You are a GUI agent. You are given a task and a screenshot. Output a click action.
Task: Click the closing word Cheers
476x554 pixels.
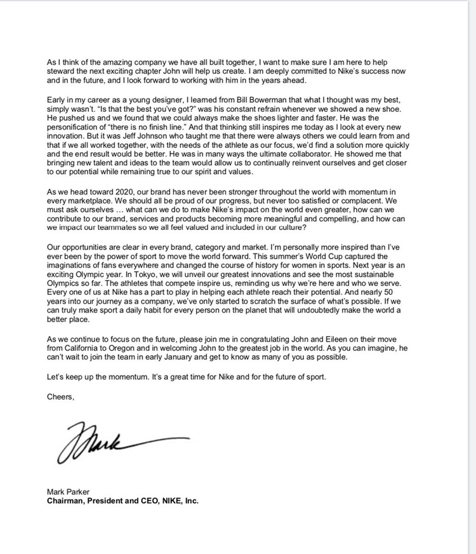(x=60, y=397)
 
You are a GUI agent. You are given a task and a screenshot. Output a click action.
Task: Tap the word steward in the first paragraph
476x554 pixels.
(x=62, y=70)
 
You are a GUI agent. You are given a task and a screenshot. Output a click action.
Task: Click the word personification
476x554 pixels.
(x=79, y=128)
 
